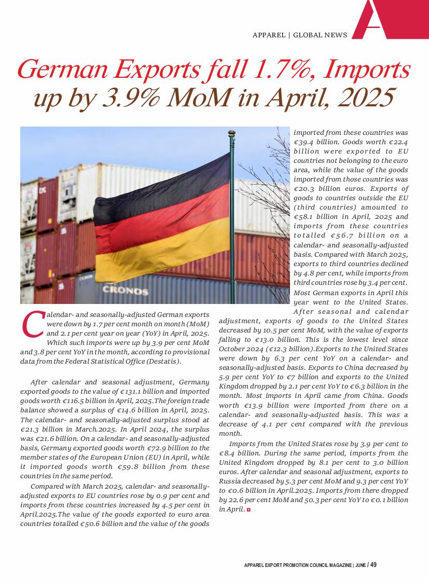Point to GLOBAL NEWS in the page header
pos(320,35)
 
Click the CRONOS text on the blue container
pos(125,290)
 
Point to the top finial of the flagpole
pos(232,133)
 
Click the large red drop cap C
pos(33,324)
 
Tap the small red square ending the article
pos(248,510)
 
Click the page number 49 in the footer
pos(373,565)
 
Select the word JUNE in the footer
pos(359,565)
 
